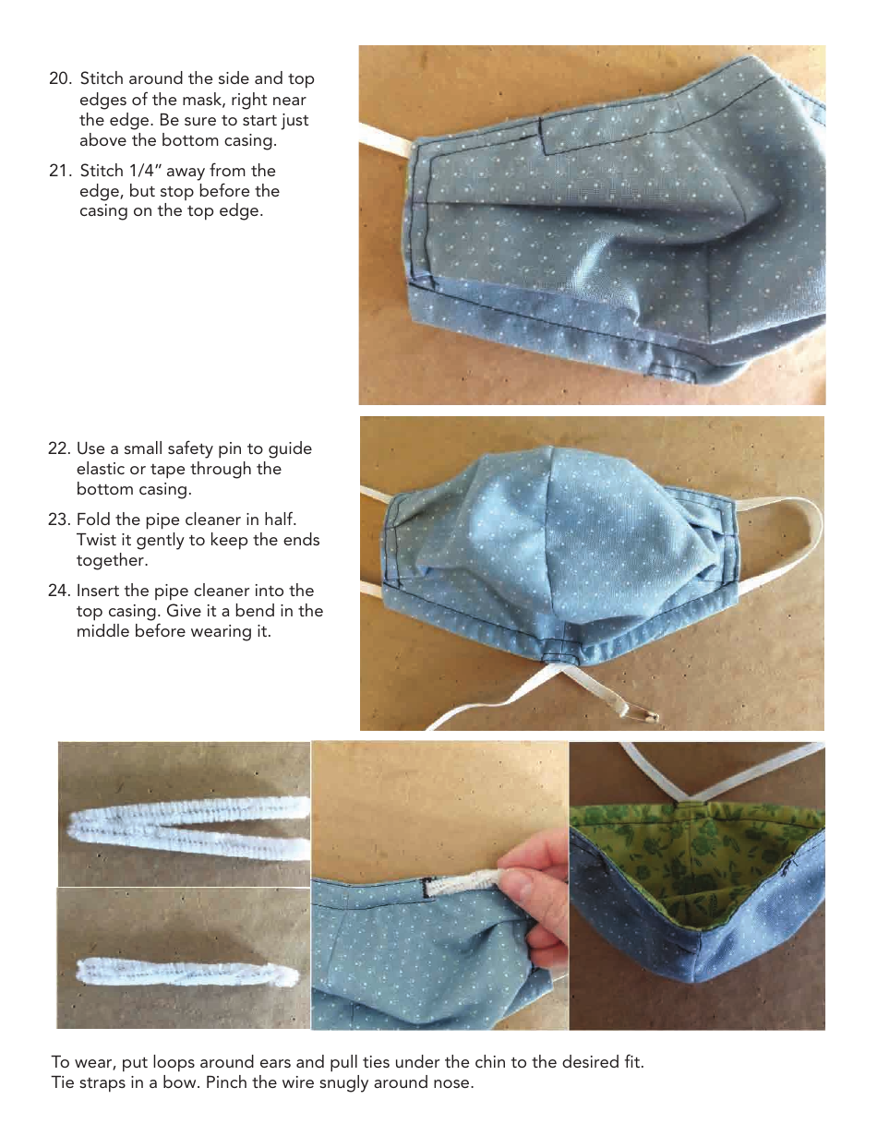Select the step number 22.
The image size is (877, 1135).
[59, 448]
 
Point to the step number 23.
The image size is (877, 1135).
[59, 520]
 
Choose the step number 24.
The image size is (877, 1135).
[59, 591]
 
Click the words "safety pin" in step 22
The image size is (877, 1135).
[205, 448]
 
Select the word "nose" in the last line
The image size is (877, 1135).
[452, 1082]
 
